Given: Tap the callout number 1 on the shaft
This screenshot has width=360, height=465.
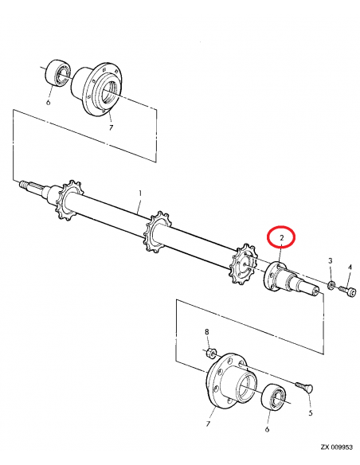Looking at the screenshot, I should pyautogui.click(x=139, y=193).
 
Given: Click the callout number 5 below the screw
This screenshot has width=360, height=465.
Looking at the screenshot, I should pyautogui.click(x=310, y=413).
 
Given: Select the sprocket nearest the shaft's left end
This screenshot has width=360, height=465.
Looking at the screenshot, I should pyautogui.click(x=69, y=200).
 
